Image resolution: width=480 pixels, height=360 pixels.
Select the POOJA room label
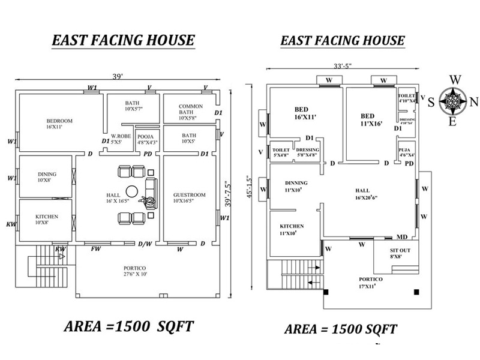tap(148, 139)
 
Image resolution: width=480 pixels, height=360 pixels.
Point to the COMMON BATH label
tap(191, 112)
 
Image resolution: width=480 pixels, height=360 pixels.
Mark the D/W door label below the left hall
tap(144, 244)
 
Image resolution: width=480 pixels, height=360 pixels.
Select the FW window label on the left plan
tap(95, 248)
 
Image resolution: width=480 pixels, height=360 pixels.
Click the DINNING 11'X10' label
tap(296, 187)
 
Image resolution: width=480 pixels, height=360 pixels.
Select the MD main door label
tap(402, 237)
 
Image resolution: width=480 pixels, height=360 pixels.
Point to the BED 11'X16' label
tap(371, 119)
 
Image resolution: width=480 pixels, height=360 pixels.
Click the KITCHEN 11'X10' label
tap(292, 229)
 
